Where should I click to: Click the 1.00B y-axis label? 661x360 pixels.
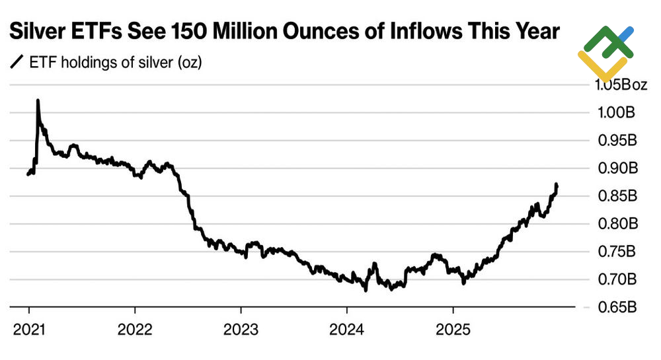pos(617,113)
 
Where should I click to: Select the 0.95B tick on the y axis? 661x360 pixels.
pos(617,141)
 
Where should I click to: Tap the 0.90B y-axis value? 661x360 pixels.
pos(617,168)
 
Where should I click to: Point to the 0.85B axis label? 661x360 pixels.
pos(617,196)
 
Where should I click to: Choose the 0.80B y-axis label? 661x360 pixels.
pos(617,224)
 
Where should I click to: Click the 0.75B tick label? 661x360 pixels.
pos(617,252)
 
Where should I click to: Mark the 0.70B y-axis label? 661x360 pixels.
pos(617,279)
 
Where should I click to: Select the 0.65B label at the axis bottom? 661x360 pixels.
pos(617,307)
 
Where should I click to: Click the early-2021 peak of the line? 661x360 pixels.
pos(38,100)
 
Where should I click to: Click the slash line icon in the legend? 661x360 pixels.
pos(15,63)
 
